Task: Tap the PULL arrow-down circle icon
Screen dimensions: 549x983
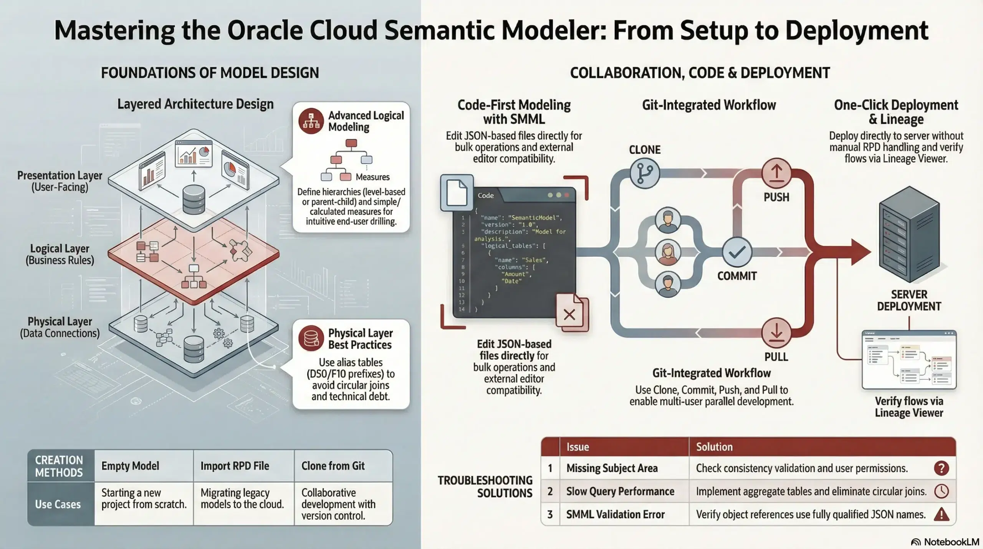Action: pos(776,332)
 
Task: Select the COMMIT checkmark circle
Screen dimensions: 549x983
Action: pos(737,252)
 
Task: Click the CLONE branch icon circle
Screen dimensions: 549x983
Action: pos(645,174)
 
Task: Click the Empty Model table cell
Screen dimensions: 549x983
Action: pos(130,466)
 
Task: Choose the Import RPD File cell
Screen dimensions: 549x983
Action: pos(235,466)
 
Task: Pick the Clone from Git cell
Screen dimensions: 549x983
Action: pos(333,466)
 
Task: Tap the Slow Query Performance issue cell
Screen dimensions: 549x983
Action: pos(620,491)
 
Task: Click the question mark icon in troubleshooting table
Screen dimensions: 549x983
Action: pos(941,468)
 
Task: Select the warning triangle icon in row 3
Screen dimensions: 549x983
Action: pos(941,514)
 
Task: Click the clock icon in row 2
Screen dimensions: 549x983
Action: pos(941,491)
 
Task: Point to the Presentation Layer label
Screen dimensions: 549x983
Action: pos(60,181)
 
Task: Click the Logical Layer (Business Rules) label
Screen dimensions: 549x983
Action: pos(60,254)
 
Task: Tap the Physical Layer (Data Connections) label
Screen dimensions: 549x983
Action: pos(60,327)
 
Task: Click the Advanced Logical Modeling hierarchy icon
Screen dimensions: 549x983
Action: pos(311,121)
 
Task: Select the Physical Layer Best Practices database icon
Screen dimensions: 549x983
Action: pos(311,338)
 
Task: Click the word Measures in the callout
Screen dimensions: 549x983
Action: pos(372,177)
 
